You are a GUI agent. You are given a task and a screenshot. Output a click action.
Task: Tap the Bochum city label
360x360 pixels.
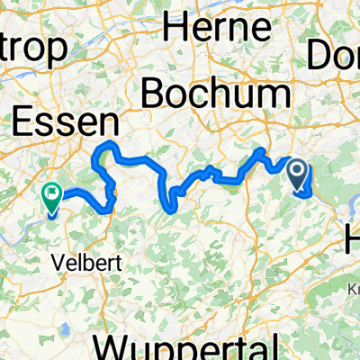pyautogui.click(x=216, y=93)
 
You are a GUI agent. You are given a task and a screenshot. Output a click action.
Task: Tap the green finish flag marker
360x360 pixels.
pyautogui.click(x=51, y=193)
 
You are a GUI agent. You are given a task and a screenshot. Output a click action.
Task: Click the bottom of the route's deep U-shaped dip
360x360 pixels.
pyautogui.click(x=167, y=206)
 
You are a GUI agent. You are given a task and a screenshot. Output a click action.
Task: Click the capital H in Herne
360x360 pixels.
pyautogui.click(x=175, y=29)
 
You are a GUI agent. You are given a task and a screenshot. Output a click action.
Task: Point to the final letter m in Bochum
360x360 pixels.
pyautogui.click(x=274, y=93)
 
